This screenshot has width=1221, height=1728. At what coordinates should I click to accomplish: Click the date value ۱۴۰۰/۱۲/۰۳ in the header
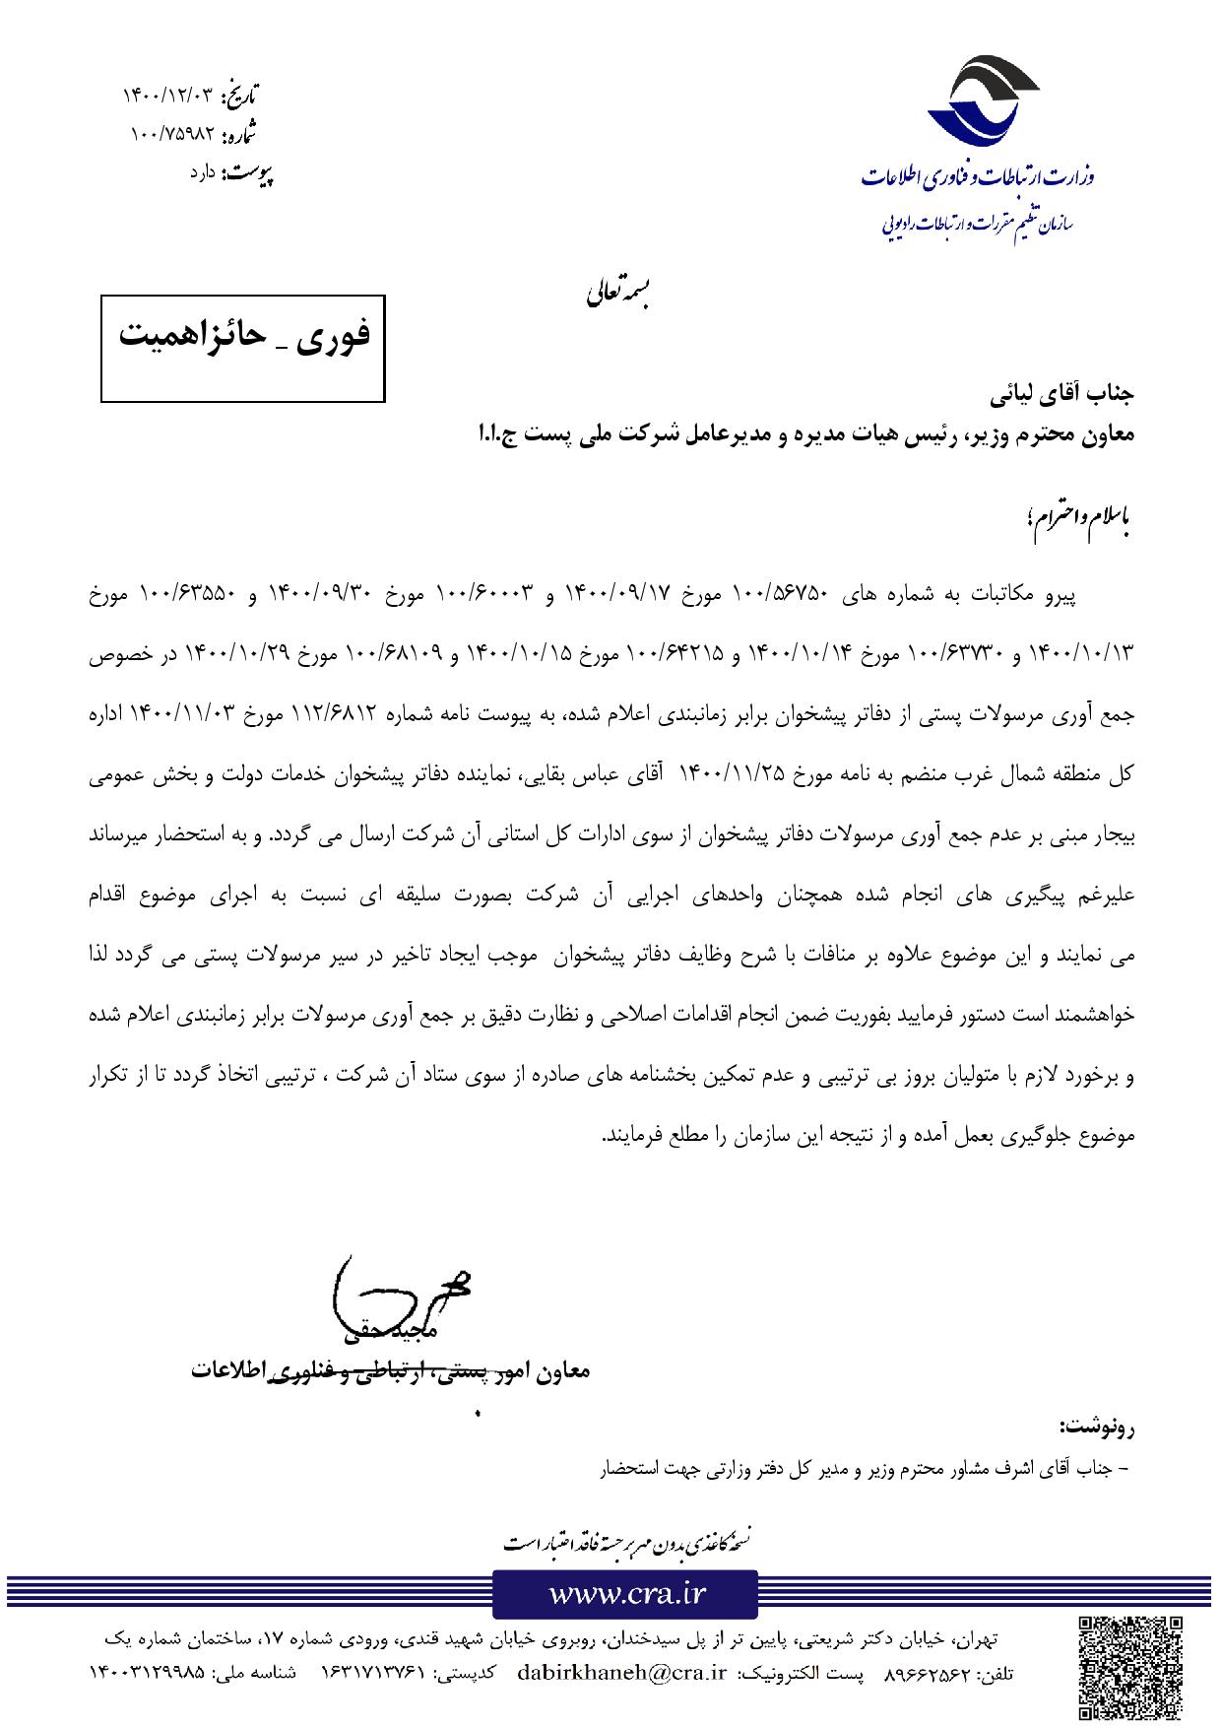pos(167,96)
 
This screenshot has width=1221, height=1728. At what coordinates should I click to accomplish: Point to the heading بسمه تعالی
pos(616,293)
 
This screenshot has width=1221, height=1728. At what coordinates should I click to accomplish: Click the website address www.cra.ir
pos(625,1593)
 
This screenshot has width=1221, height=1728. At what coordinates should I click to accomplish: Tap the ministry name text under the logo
pos(978,177)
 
